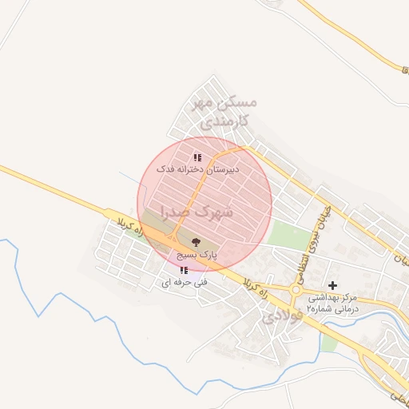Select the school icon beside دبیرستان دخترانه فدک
tap(197, 157)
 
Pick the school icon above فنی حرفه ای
tap(184, 270)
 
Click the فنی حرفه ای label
tap(184, 282)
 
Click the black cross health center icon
tap(333, 285)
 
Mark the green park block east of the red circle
tap(288, 235)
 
